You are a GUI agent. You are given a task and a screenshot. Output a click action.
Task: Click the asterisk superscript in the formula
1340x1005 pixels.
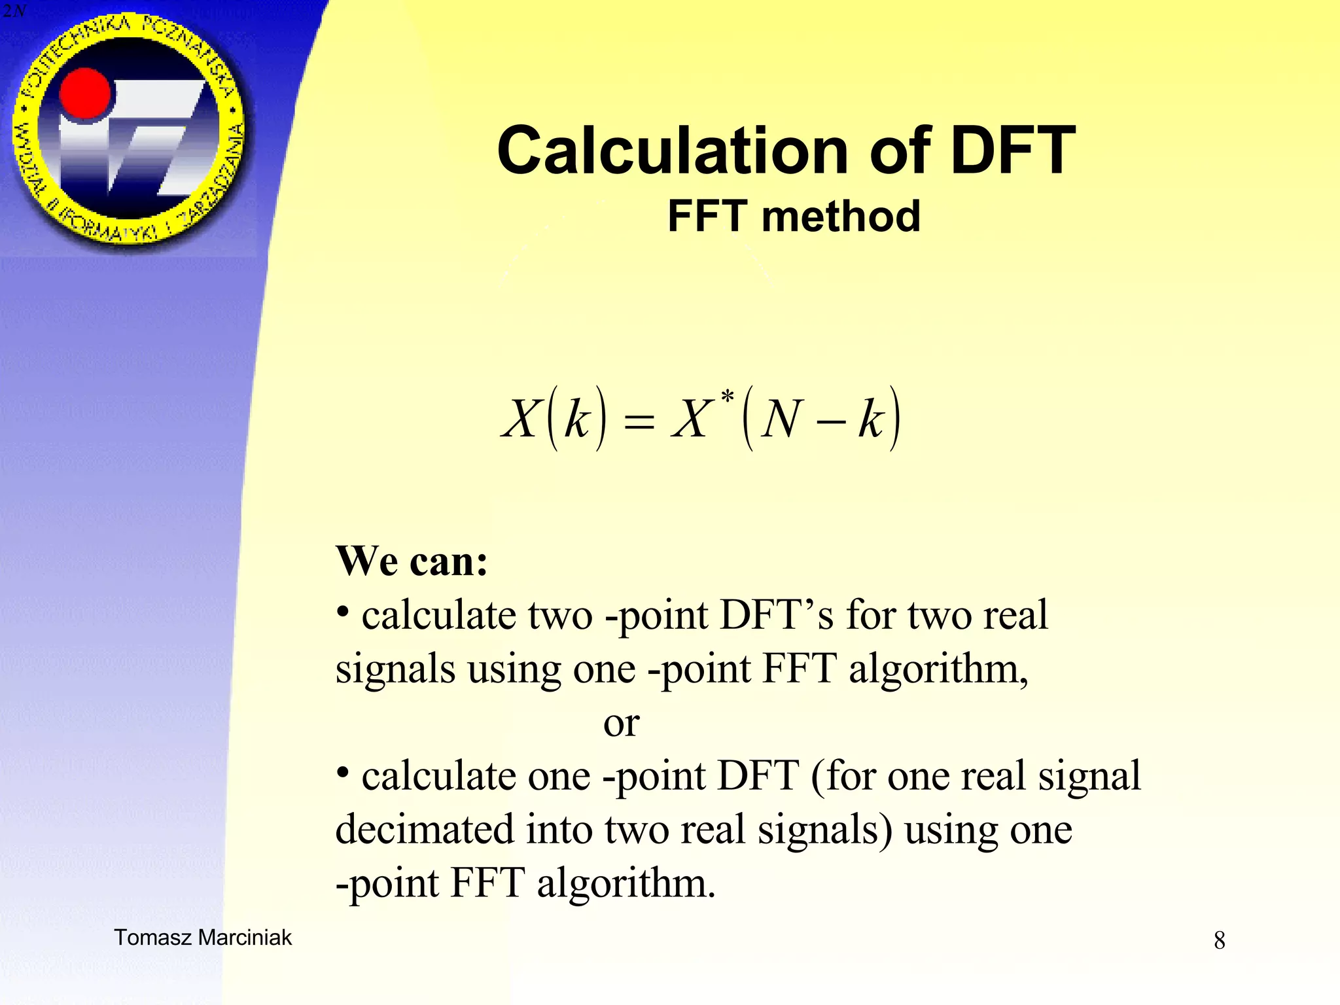pos(727,397)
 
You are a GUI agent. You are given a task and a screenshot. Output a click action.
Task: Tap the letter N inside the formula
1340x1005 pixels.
pos(783,419)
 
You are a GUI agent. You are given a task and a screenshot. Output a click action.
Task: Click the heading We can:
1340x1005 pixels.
pos(412,561)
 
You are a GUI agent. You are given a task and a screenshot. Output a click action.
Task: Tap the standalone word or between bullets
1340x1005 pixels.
pos(621,723)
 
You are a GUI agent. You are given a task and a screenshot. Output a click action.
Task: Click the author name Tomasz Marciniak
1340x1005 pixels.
pos(203,938)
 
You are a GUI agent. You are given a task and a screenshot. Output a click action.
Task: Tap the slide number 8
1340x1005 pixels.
pos(1219,941)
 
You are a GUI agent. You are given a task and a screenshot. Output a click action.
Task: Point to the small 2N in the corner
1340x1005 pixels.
pos(13,11)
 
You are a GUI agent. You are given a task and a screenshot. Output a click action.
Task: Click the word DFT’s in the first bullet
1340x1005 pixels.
pos(777,616)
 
